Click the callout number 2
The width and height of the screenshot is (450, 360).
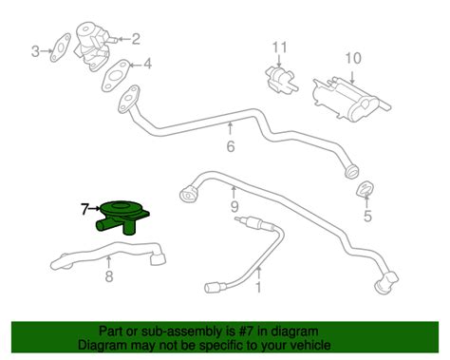(135, 39)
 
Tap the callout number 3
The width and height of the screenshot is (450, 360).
(36, 50)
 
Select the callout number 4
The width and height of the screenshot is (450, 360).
(148, 66)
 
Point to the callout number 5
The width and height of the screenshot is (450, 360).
(367, 217)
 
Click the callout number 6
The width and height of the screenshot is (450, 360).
(230, 146)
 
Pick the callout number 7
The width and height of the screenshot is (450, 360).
(84, 206)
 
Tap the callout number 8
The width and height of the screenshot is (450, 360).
(108, 276)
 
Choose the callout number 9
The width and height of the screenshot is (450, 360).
(234, 204)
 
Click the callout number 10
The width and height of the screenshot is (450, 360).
(353, 59)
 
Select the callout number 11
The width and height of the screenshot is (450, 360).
(279, 47)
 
